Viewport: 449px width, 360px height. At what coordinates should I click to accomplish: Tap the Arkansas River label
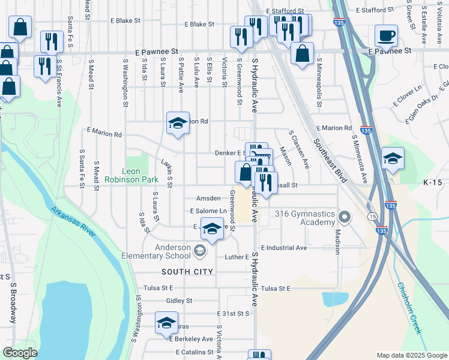point(73,222)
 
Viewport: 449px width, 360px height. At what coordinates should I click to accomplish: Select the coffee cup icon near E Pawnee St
point(386,35)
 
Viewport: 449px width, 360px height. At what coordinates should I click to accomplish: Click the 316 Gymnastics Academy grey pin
point(345,216)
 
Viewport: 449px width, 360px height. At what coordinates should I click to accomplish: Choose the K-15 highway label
point(432,182)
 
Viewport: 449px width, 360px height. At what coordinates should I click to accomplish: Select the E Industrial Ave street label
point(284,247)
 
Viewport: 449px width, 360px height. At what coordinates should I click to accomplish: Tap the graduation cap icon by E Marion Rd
point(178,124)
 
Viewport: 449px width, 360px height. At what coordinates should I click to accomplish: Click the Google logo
point(20,353)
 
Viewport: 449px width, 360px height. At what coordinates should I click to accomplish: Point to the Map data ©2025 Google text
point(412,355)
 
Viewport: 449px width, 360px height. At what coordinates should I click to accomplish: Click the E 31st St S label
point(233,313)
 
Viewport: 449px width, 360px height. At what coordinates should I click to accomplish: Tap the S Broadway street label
point(13,308)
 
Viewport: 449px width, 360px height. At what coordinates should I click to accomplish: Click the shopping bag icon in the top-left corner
point(20,27)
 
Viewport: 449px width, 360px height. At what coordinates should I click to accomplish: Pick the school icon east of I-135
point(393,158)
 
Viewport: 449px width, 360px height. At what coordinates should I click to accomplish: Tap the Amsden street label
point(208,199)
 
